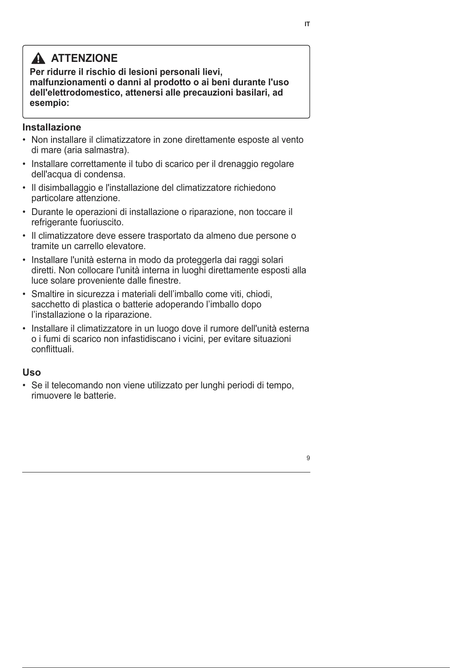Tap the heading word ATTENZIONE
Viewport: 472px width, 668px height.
84,58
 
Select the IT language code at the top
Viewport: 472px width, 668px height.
307,25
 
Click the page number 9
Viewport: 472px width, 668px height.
308,459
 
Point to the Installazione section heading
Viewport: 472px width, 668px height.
52,127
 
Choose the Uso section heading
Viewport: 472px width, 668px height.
32,372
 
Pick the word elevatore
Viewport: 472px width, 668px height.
126,246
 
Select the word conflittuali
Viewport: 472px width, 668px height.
52,349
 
